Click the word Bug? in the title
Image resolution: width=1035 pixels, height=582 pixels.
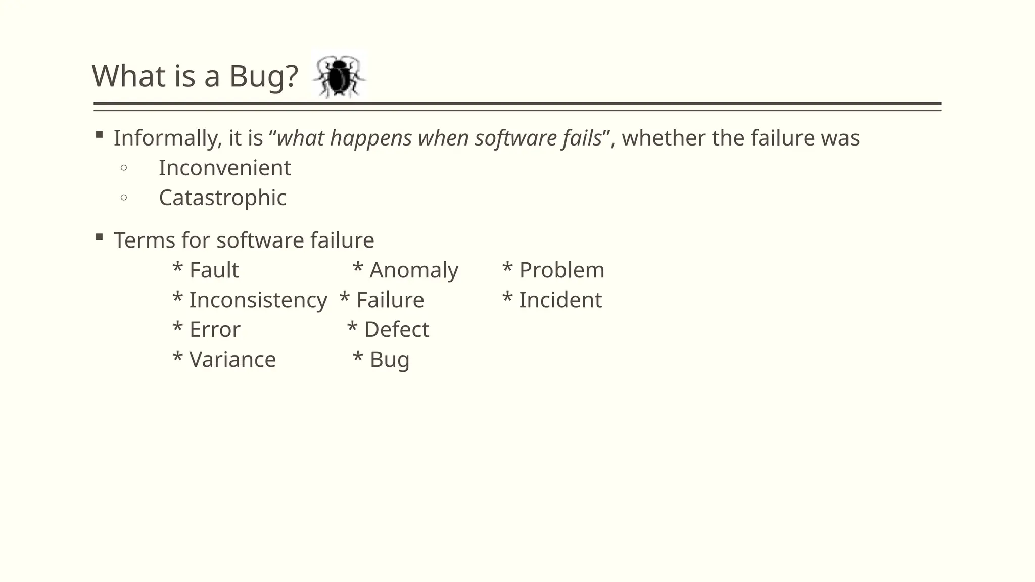[263, 77]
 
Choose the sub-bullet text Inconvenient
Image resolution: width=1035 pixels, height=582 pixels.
[225, 168]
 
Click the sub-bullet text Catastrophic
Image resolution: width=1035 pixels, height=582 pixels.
[222, 198]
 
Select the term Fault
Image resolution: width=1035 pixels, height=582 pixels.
[214, 270]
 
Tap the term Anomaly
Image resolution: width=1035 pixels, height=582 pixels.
[414, 270]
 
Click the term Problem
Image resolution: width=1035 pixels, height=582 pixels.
[561, 270]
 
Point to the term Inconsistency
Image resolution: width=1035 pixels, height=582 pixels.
[258, 300]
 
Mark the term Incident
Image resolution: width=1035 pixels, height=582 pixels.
[560, 300]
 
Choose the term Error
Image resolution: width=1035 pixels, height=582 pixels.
[215, 330]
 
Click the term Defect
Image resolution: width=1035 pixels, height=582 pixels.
[396, 330]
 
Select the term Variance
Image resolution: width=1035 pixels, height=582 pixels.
[232, 360]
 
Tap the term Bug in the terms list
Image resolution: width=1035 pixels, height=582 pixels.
[389, 360]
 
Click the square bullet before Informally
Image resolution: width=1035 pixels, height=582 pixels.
[99, 135]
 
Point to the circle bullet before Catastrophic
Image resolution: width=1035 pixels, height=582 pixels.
[124, 198]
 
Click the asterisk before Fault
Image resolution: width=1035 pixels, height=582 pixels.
[177, 268]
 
